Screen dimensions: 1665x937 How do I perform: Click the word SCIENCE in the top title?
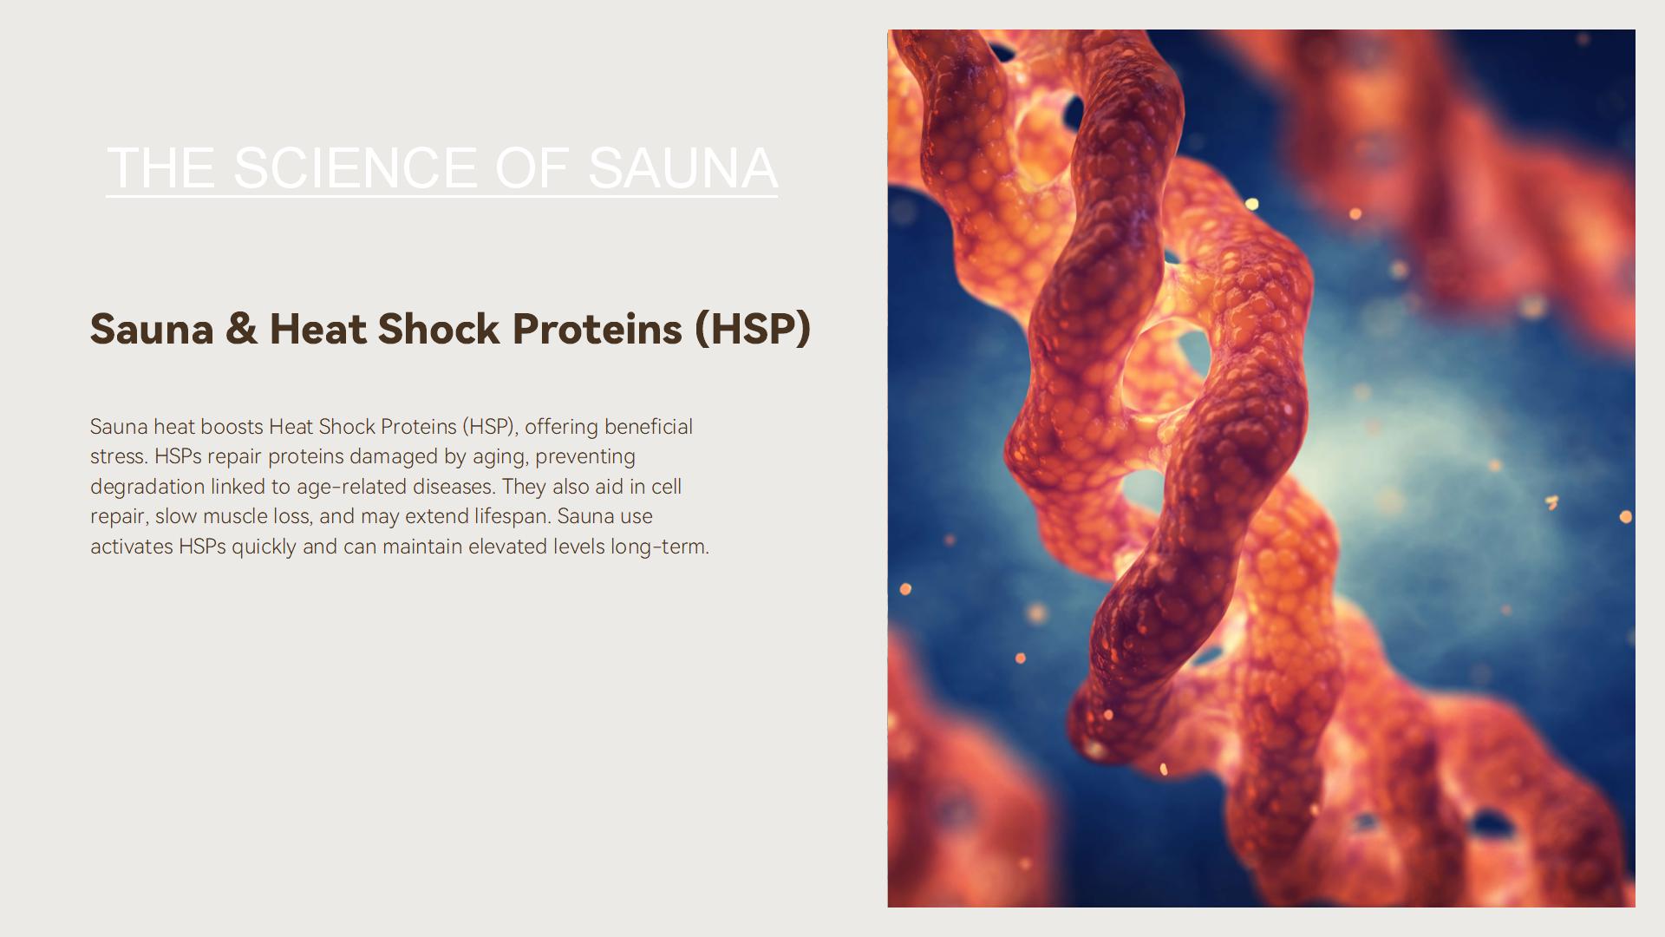355,167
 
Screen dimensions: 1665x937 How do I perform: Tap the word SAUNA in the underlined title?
682,167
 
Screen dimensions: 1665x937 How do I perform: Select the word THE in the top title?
160,167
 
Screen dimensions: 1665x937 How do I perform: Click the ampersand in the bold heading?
241,329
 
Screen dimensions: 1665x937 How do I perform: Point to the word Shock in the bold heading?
439,329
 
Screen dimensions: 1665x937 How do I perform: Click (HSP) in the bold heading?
753,330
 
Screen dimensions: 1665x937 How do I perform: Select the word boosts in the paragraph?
232,427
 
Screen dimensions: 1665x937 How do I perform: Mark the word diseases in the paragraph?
454,487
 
